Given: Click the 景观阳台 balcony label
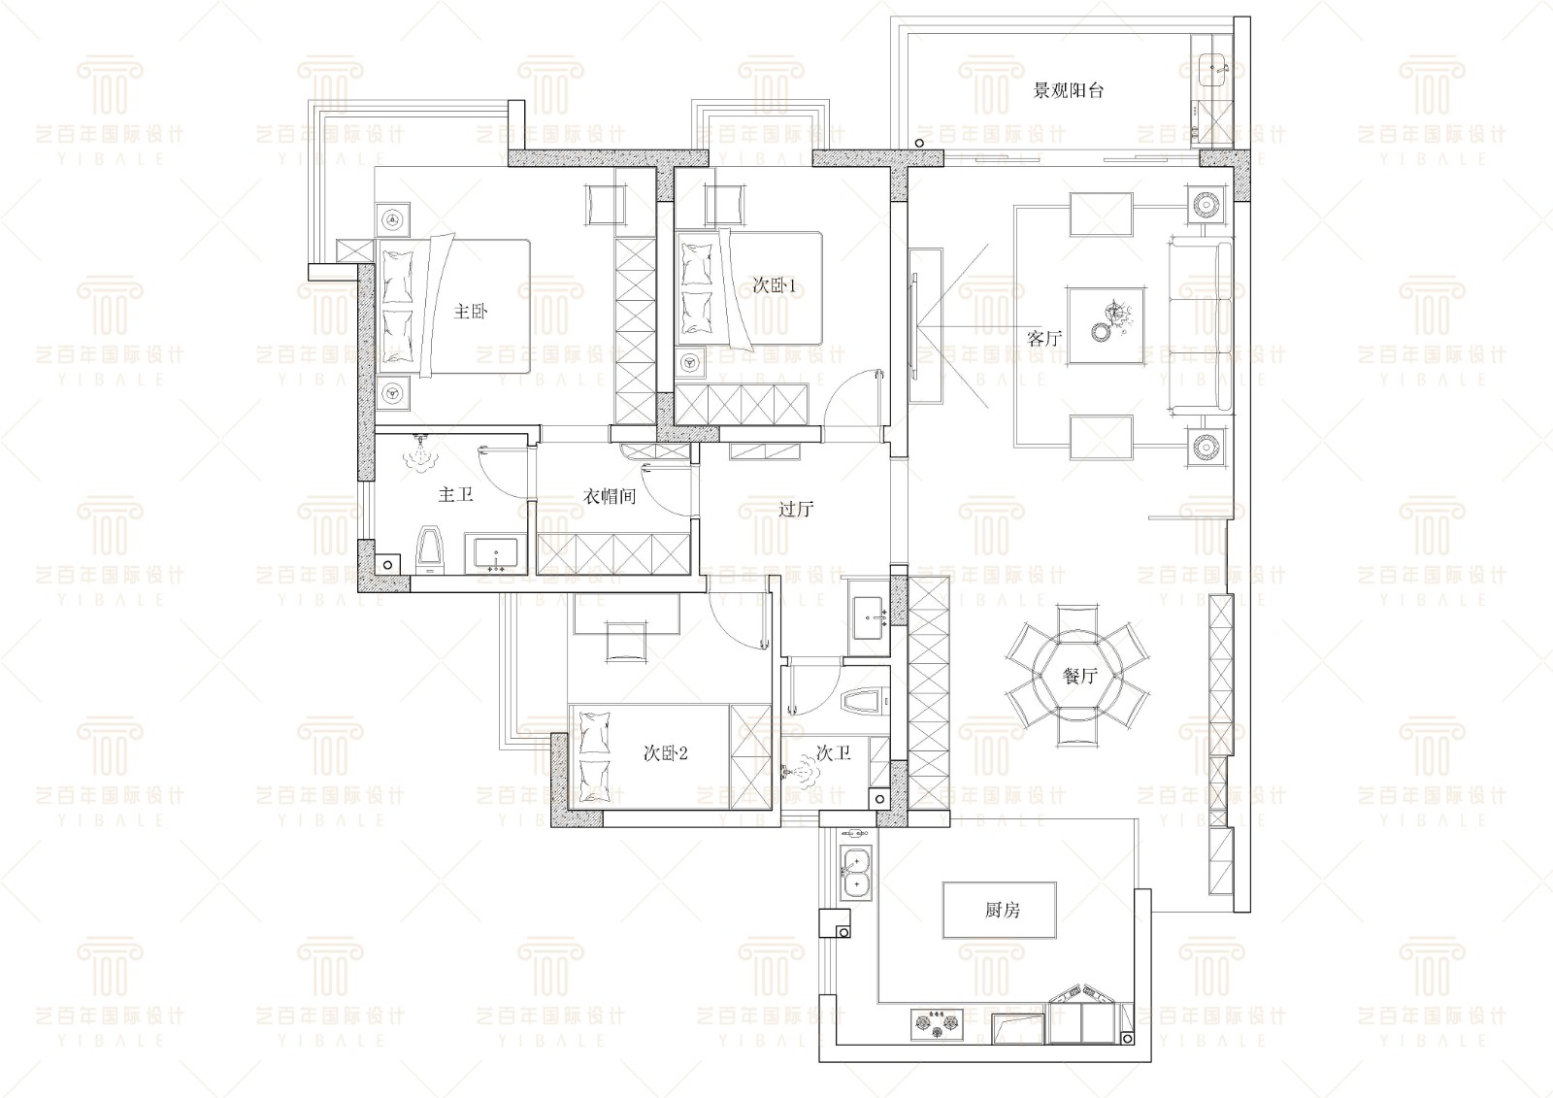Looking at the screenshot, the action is click(x=1068, y=90).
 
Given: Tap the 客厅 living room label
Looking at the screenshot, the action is click(x=1044, y=338).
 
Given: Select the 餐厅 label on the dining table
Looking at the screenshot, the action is click(x=1079, y=675).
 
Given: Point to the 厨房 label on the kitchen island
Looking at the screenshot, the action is click(x=1003, y=910).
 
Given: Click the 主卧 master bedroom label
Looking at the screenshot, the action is click(x=470, y=311).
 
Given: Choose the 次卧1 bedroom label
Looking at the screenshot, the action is click(x=775, y=285).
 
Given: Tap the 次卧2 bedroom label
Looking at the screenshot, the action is click(x=666, y=752).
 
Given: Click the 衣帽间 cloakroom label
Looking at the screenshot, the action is click(x=610, y=497).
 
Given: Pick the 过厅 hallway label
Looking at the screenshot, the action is click(x=796, y=509).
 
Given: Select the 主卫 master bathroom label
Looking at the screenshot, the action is click(x=455, y=494).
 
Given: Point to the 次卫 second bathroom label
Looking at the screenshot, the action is click(x=834, y=752).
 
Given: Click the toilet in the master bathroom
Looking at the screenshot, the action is click(x=430, y=550).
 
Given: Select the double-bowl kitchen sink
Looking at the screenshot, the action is click(x=855, y=874).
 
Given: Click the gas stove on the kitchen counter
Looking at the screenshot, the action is click(x=938, y=1025).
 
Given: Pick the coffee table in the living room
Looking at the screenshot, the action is click(x=1107, y=326).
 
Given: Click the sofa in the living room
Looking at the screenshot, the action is click(x=1201, y=326).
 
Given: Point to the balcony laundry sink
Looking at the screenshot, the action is click(x=1212, y=68).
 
